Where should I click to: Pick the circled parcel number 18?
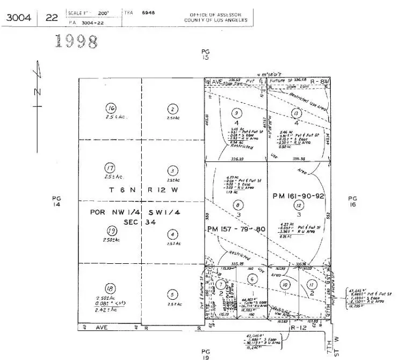coord(110,287)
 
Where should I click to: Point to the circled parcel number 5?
coord(172,294)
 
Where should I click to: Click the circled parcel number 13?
coord(295,113)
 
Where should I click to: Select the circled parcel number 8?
coord(237,204)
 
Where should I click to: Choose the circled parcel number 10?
coord(285,284)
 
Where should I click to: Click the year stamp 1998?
coord(77,41)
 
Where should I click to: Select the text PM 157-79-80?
coord(236,229)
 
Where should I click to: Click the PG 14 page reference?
coord(56,201)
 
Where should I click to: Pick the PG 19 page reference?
coord(205,353)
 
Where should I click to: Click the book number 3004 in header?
coord(19,17)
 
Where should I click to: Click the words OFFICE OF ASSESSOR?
coord(216,15)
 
